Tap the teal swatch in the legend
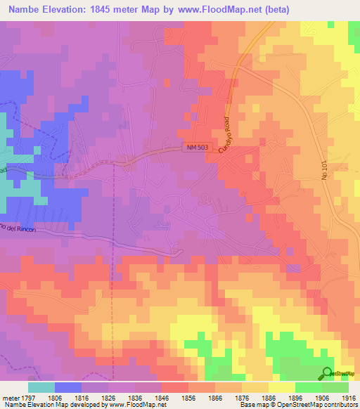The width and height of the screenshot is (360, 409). pos(41,387)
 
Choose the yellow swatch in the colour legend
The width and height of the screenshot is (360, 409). pos(281,387)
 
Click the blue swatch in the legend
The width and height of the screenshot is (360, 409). pos(68,387)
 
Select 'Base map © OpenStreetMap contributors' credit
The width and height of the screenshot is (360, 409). pos(298,405)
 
